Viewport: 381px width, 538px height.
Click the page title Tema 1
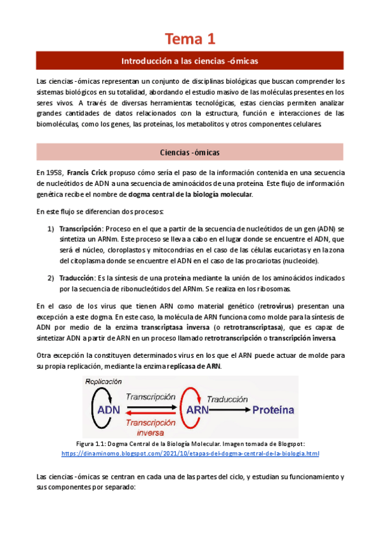pyautogui.click(x=190, y=39)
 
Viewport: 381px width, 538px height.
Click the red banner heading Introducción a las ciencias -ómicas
pyautogui.click(x=190, y=61)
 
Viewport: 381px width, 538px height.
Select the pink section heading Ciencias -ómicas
pyautogui.click(x=190, y=152)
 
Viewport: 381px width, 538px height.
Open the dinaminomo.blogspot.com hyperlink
pyautogui.click(x=190, y=454)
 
